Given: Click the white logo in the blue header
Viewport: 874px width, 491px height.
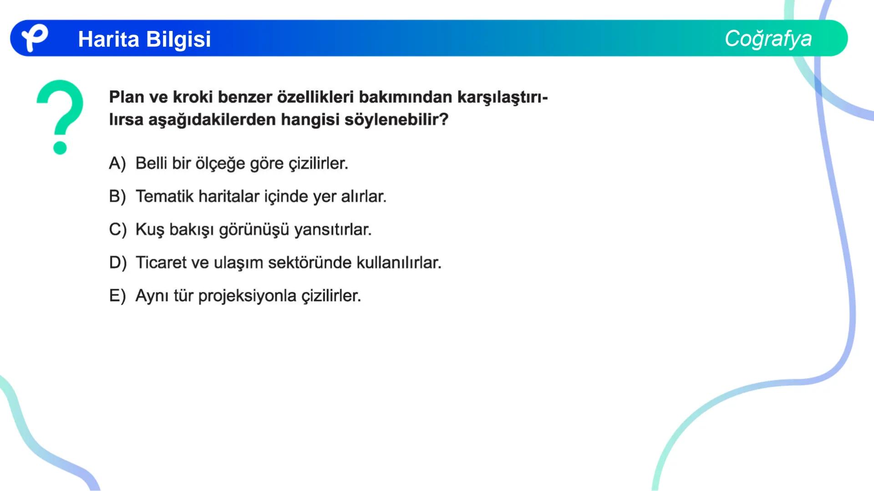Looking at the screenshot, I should [x=34, y=38].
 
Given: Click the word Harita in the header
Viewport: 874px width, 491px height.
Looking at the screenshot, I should [x=108, y=39].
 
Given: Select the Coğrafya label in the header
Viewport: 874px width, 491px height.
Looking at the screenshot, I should [x=768, y=39].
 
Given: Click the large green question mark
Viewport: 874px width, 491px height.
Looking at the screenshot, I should [x=60, y=116].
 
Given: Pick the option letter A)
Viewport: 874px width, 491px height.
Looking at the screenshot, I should [x=117, y=163].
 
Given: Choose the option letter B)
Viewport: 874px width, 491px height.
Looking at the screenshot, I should [x=117, y=196].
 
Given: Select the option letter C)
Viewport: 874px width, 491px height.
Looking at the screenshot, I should [x=117, y=230].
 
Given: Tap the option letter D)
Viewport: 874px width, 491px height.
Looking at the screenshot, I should [x=117, y=263].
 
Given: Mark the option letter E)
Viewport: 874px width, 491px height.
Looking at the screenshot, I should [x=117, y=296].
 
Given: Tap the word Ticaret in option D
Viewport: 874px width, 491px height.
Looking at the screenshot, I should [x=161, y=263].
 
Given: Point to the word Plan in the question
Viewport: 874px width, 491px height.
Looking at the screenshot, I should [x=126, y=97].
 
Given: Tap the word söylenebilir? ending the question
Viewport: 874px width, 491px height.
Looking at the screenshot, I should [x=396, y=120].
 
